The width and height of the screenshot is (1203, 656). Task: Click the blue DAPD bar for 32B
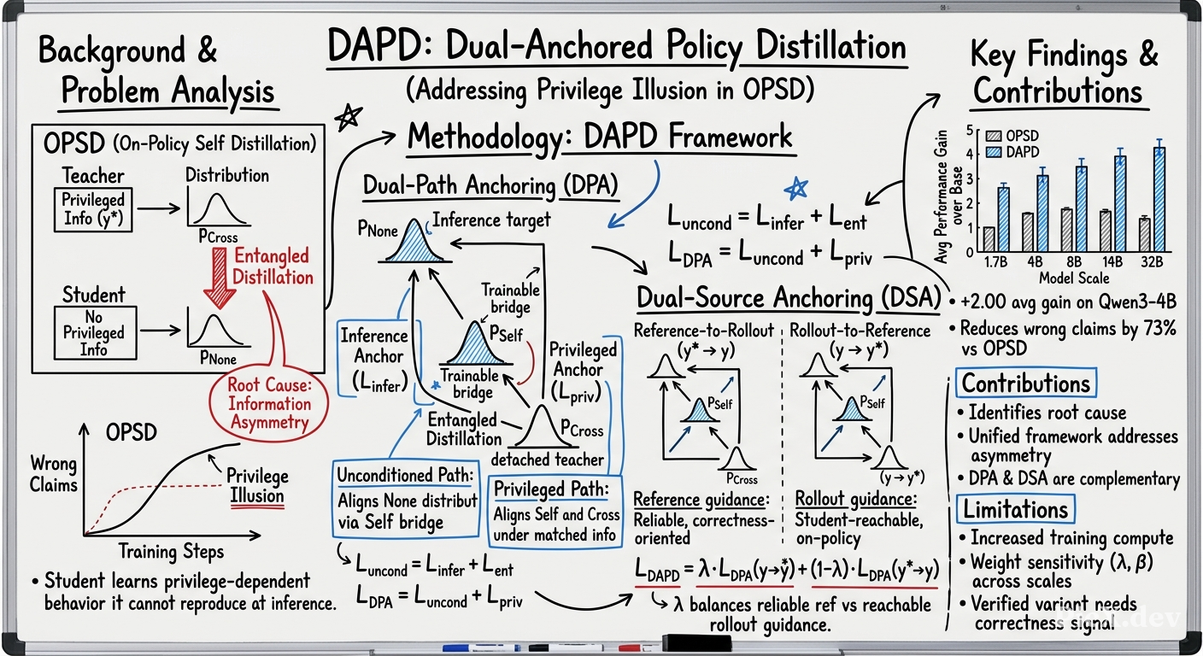pos(1159,200)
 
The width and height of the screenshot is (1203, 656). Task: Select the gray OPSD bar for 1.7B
pos(989,239)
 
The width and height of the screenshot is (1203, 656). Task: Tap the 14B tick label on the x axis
pos(1112,262)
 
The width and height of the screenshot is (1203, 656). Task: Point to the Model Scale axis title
pos(1074,278)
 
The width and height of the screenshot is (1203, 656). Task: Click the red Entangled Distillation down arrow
pos(220,278)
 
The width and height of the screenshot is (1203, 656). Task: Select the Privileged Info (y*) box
pos(93,209)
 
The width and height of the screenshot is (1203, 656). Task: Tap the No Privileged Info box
pos(95,333)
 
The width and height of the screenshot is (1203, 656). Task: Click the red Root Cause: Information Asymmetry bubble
pos(269,404)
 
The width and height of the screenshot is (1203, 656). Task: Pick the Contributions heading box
pos(1026,383)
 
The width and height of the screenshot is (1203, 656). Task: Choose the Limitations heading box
pos(1015,509)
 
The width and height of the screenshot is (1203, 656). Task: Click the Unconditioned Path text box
pos(406,499)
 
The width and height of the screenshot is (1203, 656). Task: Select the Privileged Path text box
pos(555,512)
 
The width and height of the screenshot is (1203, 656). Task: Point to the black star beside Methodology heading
pos(349,118)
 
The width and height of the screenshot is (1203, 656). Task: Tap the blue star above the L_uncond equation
pos(796,189)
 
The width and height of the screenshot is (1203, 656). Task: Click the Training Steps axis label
pos(172,552)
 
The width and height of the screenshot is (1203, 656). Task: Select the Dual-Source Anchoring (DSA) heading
pos(789,298)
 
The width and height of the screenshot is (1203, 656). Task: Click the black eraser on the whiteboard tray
pos(696,642)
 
